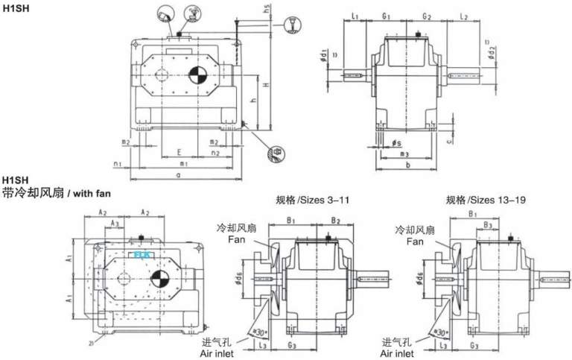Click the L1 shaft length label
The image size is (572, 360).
coord(356,15)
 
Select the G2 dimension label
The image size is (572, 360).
coord(428,15)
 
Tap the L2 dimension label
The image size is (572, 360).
coord(463,15)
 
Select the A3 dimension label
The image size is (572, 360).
coord(114,223)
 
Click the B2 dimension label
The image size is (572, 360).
coord(336,221)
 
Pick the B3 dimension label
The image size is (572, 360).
coord(486,224)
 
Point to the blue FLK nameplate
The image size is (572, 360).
coord(142,254)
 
